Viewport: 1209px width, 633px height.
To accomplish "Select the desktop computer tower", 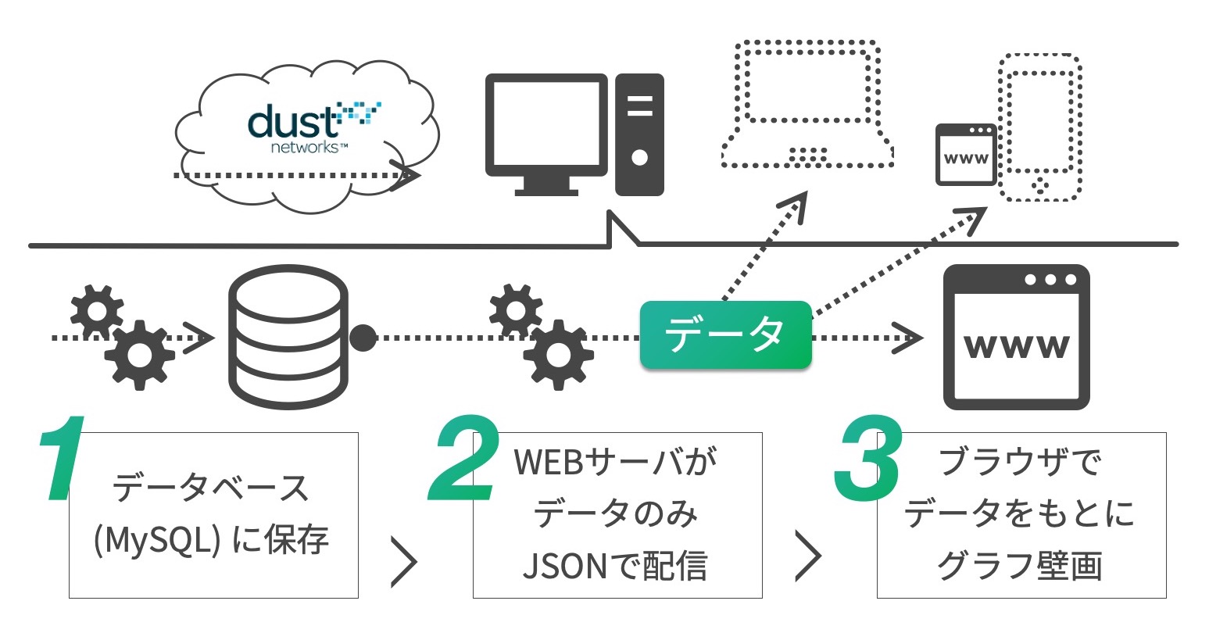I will [639, 134].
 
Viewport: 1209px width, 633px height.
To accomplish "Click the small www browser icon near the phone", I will [966, 155].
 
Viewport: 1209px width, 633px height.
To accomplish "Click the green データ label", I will [725, 334].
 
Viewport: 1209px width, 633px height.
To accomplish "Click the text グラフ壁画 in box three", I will [1019, 566].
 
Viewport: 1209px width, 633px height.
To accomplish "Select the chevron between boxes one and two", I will [403, 560].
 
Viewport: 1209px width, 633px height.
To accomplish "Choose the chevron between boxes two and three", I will [808, 556].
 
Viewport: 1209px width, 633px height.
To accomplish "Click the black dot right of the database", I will [363, 338].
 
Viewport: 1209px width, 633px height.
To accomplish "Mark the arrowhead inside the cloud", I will [405, 176].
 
